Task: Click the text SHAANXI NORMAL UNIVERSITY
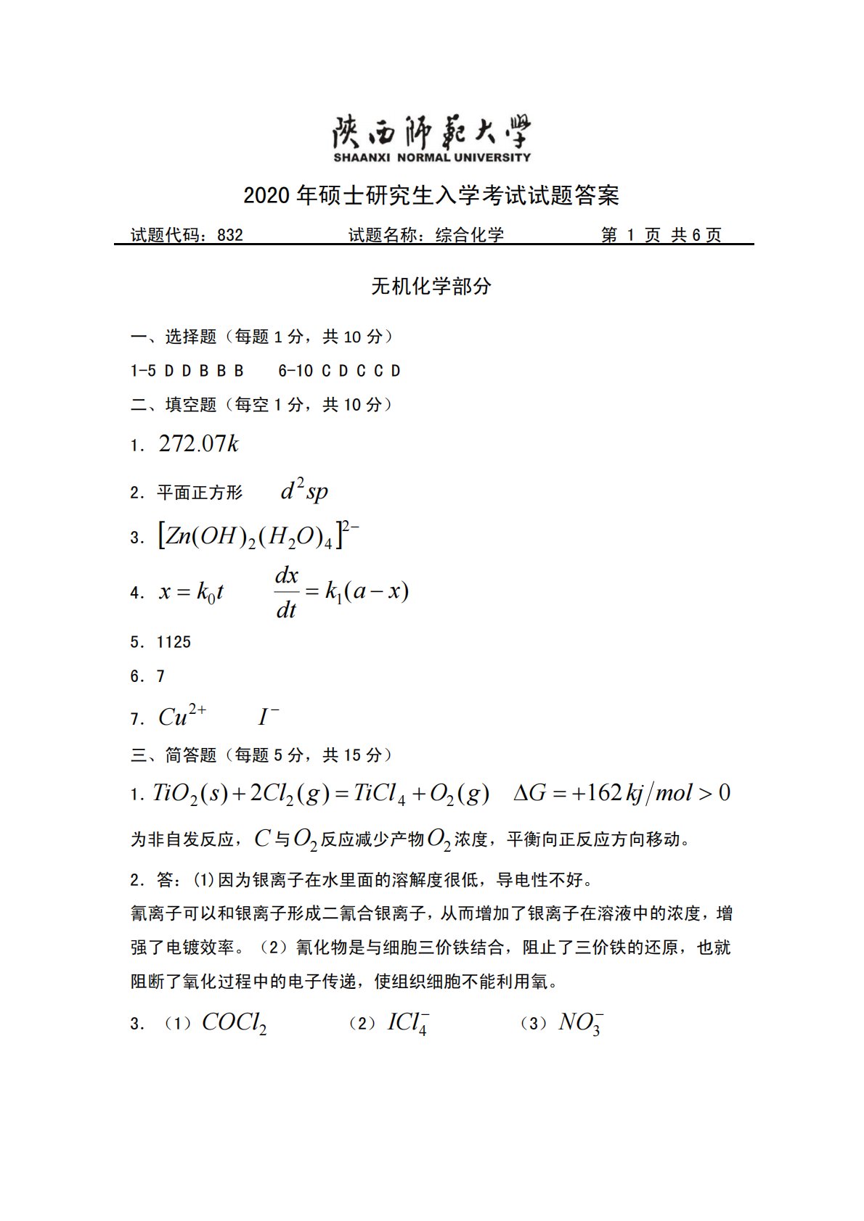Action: click(x=431, y=157)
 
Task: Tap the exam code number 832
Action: click(x=230, y=235)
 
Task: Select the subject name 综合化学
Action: click(x=469, y=235)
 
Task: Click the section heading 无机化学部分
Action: click(x=431, y=287)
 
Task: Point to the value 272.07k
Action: click(x=198, y=444)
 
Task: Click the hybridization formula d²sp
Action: click(x=304, y=491)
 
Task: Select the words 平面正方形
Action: click(x=200, y=493)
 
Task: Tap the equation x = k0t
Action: click(x=191, y=592)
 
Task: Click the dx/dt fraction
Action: click(x=286, y=592)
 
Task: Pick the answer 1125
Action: click(x=174, y=642)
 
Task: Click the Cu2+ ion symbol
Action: click(x=182, y=716)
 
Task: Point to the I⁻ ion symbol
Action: click(x=268, y=717)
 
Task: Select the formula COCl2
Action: click(x=234, y=1023)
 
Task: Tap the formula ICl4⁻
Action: click(x=408, y=1023)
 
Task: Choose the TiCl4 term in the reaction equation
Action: click(x=380, y=794)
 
